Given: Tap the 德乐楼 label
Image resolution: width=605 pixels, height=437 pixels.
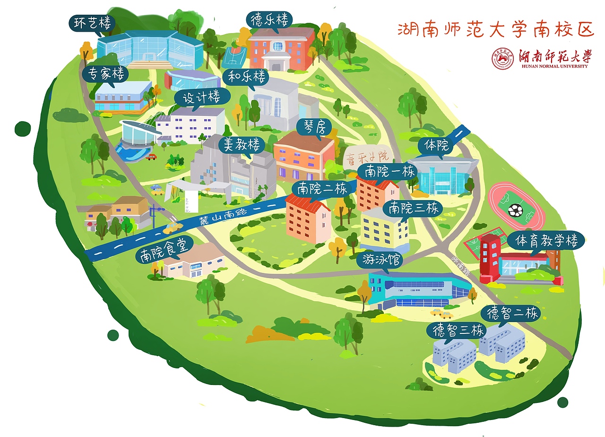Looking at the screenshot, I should (269, 20).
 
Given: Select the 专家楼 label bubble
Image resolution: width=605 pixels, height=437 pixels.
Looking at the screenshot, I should (105, 74).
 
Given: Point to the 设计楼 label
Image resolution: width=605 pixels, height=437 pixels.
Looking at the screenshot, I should (202, 98).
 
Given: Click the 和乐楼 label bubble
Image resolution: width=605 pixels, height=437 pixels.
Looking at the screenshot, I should (246, 77).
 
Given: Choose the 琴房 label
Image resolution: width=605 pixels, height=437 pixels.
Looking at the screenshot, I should (313, 126).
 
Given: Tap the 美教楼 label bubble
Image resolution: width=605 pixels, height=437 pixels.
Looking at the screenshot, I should (242, 145).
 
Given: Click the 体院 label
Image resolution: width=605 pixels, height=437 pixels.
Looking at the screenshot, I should (436, 146).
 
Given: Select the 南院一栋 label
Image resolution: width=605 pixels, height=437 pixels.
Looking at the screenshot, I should (386, 172).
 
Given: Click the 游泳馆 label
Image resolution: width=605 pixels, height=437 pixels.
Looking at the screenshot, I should (381, 260).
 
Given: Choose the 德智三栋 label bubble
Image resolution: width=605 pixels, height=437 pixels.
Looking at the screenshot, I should (456, 331).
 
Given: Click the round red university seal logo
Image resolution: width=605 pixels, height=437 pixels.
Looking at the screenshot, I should (503, 59).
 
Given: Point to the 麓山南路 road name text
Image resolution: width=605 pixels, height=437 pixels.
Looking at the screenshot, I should (217, 217).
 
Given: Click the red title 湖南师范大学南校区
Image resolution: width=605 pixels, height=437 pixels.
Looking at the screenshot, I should (495, 29).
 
